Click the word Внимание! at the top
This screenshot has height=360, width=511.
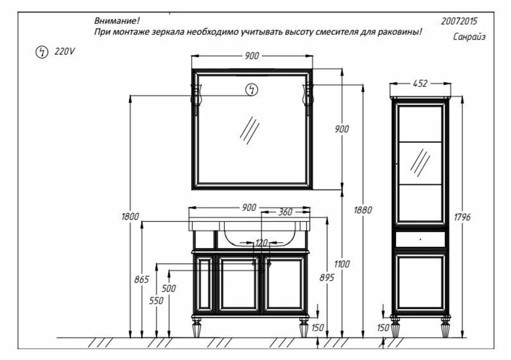(117, 21)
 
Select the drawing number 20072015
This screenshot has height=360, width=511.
(459, 21)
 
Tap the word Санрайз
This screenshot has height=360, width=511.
(469, 37)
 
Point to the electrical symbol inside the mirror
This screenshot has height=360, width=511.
(251, 90)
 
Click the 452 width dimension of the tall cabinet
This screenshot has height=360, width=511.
(420, 84)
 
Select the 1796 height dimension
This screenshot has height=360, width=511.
(461, 217)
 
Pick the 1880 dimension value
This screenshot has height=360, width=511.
(362, 209)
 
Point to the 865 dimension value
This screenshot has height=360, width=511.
(142, 279)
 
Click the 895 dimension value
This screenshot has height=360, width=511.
(327, 277)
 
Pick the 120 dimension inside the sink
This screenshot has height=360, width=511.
(262, 242)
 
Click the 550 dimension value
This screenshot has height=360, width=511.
(156, 301)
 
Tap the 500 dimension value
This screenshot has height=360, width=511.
(169, 288)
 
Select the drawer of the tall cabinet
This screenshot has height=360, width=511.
(420, 239)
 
